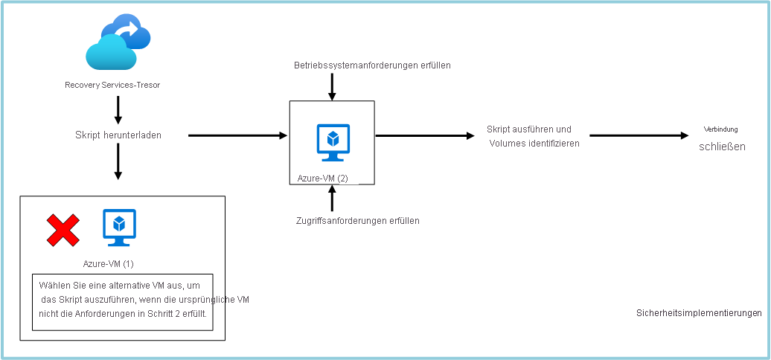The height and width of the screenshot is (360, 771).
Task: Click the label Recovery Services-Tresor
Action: pos(112,85)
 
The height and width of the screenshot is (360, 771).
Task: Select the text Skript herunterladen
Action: pos(118,135)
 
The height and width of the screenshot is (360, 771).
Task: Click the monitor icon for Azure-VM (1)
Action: pos(119,228)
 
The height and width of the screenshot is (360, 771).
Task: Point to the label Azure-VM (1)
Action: pos(109,263)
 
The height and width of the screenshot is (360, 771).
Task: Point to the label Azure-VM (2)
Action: pos(322,179)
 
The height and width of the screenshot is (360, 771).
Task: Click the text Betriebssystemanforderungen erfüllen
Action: pos(372,65)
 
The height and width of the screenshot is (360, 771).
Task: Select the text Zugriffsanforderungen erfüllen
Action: pos(357,220)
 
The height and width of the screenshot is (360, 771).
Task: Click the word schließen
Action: pos(722,147)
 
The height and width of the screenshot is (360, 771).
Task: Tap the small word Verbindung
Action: pos(721,129)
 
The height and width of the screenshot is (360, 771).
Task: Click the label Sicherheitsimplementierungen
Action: pos(699,313)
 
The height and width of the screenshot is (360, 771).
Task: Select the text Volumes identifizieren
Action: pos(534,144)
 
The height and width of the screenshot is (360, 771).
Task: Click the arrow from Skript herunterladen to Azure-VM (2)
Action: pos(238,135)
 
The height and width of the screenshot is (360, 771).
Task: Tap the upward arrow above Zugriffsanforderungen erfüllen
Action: pos(332,199)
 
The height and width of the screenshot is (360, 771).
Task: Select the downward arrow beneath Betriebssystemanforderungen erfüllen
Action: pos(332,86)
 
